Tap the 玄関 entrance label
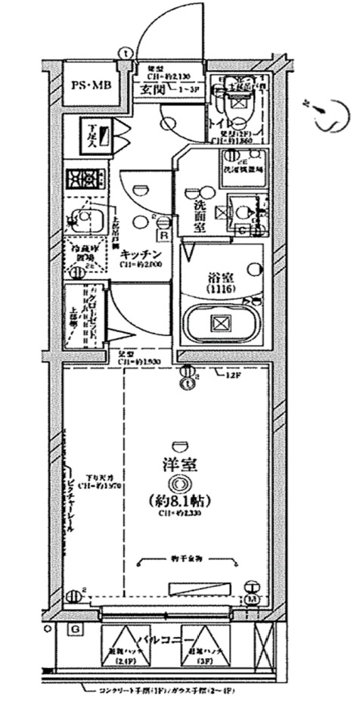tap(153, 90)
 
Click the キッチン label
tap(138, 256)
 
